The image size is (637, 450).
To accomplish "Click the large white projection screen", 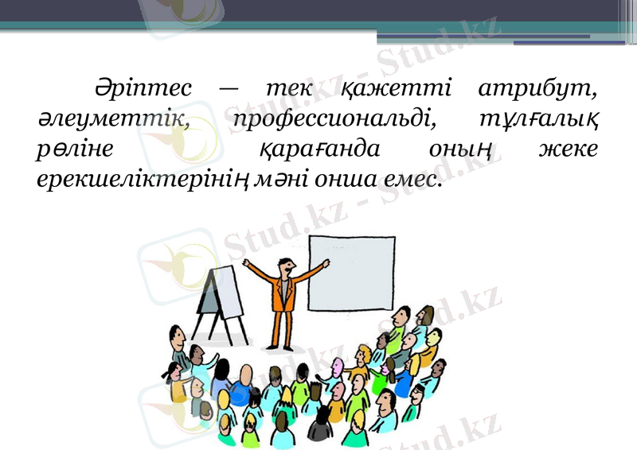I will click(351, 274).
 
